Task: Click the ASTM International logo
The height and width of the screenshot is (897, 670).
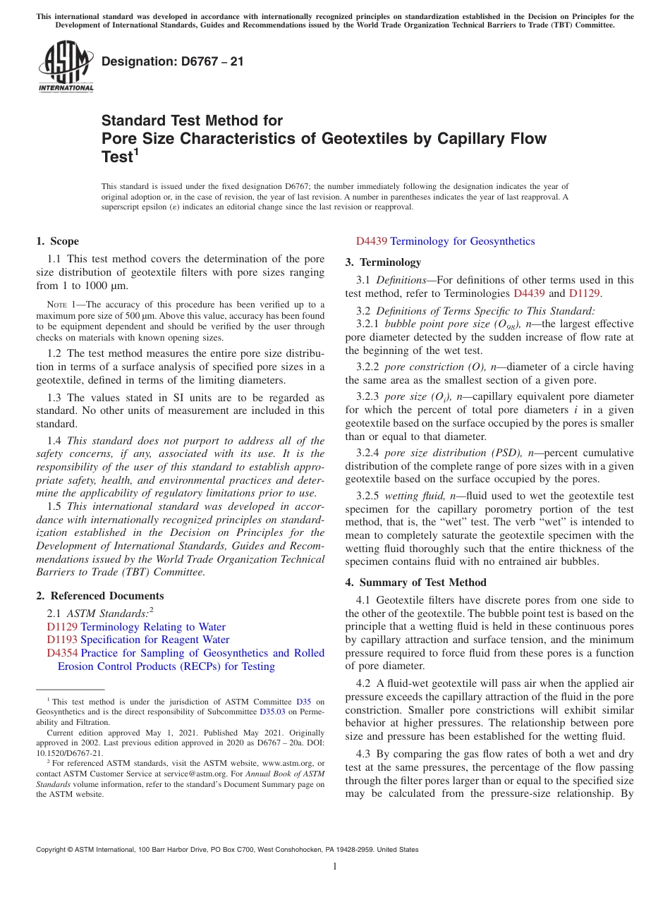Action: click(x=66, y=68)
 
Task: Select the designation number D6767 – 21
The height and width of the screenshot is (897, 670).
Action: click(x=173, y=61)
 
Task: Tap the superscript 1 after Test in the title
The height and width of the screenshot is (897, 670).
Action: click(x=137, y=151)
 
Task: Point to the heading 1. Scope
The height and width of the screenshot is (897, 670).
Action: click(x=57, y=241)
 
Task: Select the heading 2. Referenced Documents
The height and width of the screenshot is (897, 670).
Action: click(x=99, y=596)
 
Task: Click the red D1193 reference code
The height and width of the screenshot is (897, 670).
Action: click(x=62, y=640)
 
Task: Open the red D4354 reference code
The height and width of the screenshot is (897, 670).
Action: click(x=62, y=653)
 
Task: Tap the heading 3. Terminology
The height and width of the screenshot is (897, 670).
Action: click(x=383, y=262)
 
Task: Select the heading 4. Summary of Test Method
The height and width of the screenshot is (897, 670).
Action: click(x=415, y=582)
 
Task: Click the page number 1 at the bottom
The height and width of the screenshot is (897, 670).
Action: click(x=335, y=867)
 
